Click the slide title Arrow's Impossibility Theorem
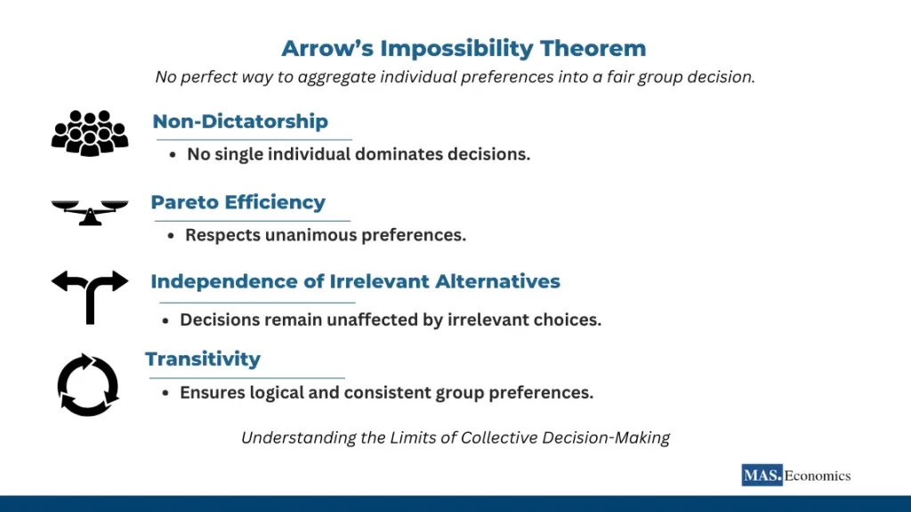coord(464,48)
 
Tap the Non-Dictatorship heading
coord(240,121)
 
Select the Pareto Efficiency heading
coord(238,202)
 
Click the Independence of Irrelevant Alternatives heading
coord(355,281)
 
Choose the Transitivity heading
coord(203,359)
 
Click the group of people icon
coord(90,133)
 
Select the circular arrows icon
coord(88,386)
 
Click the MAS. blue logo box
coord(762,475)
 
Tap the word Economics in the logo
coord(818,475)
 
